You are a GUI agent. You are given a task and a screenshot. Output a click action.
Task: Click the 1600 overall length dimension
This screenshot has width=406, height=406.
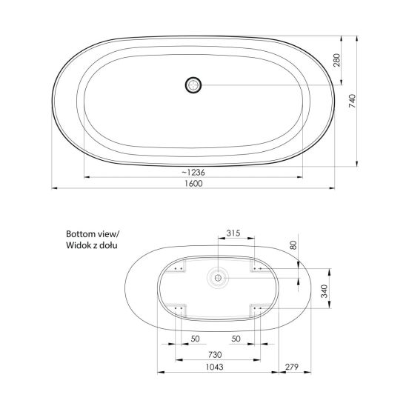coord(193,184)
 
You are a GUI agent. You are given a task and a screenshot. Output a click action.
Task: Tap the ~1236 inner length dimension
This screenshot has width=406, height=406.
coord(193,172)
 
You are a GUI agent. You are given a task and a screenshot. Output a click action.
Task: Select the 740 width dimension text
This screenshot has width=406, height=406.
coord(353,101)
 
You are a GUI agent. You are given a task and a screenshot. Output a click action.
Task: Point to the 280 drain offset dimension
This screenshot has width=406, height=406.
coord(336,60)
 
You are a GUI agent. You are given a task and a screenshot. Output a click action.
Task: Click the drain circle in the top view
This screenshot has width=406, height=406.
coord(193,85)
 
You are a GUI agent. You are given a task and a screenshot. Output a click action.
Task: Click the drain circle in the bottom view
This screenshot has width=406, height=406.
coord(218,278)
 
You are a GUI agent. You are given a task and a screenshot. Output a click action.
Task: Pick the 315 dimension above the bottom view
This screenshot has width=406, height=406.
coord(233,233)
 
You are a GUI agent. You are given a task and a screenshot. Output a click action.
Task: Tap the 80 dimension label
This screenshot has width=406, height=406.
coord(293,245)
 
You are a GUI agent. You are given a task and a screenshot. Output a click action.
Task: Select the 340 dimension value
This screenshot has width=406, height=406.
coord(325,291)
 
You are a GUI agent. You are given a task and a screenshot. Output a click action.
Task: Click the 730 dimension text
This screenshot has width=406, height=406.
coord(215,354)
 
